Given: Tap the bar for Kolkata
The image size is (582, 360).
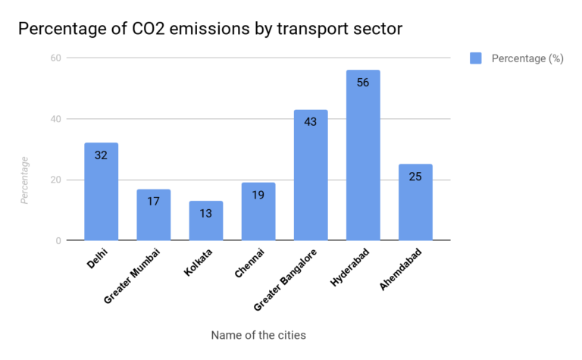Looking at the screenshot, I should point(206,221).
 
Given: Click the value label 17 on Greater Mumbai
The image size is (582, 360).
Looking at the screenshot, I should point(153,202).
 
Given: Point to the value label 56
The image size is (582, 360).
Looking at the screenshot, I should point(363,83).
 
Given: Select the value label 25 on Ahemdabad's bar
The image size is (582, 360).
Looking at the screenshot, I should point(415,177).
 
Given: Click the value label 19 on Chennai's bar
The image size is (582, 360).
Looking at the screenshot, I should point(258,195).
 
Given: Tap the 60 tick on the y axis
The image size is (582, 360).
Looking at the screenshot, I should point(55,58).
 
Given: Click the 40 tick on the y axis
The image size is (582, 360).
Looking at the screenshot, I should point(55,119).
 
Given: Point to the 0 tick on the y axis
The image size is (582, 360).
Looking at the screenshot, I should point(58,241).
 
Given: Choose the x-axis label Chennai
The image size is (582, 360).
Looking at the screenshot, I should point(251,261).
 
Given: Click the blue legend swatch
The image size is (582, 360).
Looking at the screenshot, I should point(476,58).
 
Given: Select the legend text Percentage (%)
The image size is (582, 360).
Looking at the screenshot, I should point(527,58).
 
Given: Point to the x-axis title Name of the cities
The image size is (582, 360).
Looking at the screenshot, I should point(258,334).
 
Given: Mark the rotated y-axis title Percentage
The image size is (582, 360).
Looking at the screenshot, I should point(25,180).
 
